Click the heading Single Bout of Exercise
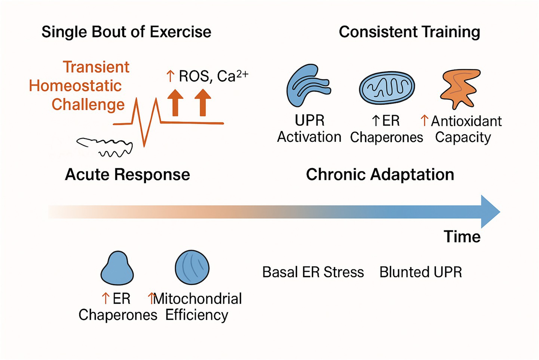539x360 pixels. click(126, 32)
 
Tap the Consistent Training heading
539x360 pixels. click(409, 32)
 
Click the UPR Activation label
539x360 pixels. click(309, 129)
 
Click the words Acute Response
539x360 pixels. click(127, 175)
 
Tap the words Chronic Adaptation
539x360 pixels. click(380, 175)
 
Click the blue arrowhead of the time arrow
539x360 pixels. click(489, 212)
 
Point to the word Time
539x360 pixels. click(462, 237)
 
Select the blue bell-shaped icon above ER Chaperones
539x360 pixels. click(117, 268)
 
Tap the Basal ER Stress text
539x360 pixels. click(313, 272)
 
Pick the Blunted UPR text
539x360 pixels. click(420, 272)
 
